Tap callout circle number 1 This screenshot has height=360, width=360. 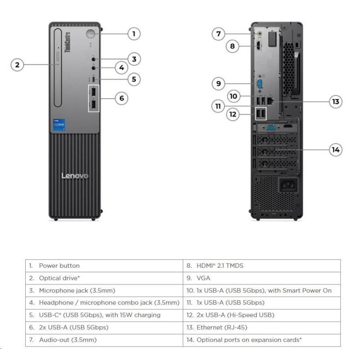point(133,33)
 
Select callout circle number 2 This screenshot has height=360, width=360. point(17,65)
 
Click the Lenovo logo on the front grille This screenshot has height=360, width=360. point(75,175)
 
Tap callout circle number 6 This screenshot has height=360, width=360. point(121,98)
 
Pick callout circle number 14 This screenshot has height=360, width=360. point(335,149)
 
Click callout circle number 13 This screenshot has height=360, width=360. point(335,102)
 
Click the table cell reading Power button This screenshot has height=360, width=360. point(59,265)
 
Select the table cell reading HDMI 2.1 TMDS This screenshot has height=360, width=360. point(220,265)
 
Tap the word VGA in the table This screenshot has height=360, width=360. point(203,278)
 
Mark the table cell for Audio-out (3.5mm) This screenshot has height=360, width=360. point(67,340)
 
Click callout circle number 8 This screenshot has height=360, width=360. point(232,46)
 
